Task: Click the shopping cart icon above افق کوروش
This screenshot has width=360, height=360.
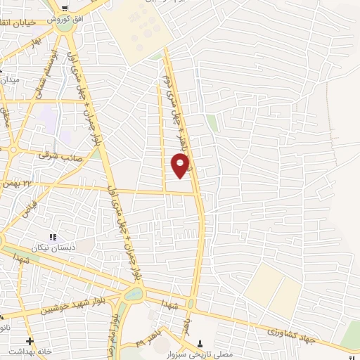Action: (x=64, y=9)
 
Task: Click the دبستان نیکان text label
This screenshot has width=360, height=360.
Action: (x=51, y=248)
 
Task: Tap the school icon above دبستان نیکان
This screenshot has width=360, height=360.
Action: (x=51, y=238)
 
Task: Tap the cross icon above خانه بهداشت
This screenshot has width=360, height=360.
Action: (x=28, y=340)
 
